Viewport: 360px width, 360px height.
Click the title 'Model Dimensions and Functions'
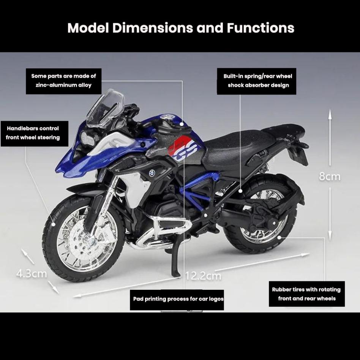[x=181, y=28]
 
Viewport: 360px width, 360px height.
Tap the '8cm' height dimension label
[x=329, y=177]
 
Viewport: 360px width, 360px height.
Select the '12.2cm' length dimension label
[x=203, y=275]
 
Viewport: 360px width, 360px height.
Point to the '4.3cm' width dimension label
[x=32, y=273]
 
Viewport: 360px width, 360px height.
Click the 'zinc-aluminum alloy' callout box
[x=64, y=81]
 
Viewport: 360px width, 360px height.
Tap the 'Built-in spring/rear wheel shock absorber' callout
[x=258, y=81]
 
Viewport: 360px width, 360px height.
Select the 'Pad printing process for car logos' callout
[x=178, y=299]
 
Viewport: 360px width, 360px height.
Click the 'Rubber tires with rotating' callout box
[x=306, y=294]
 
